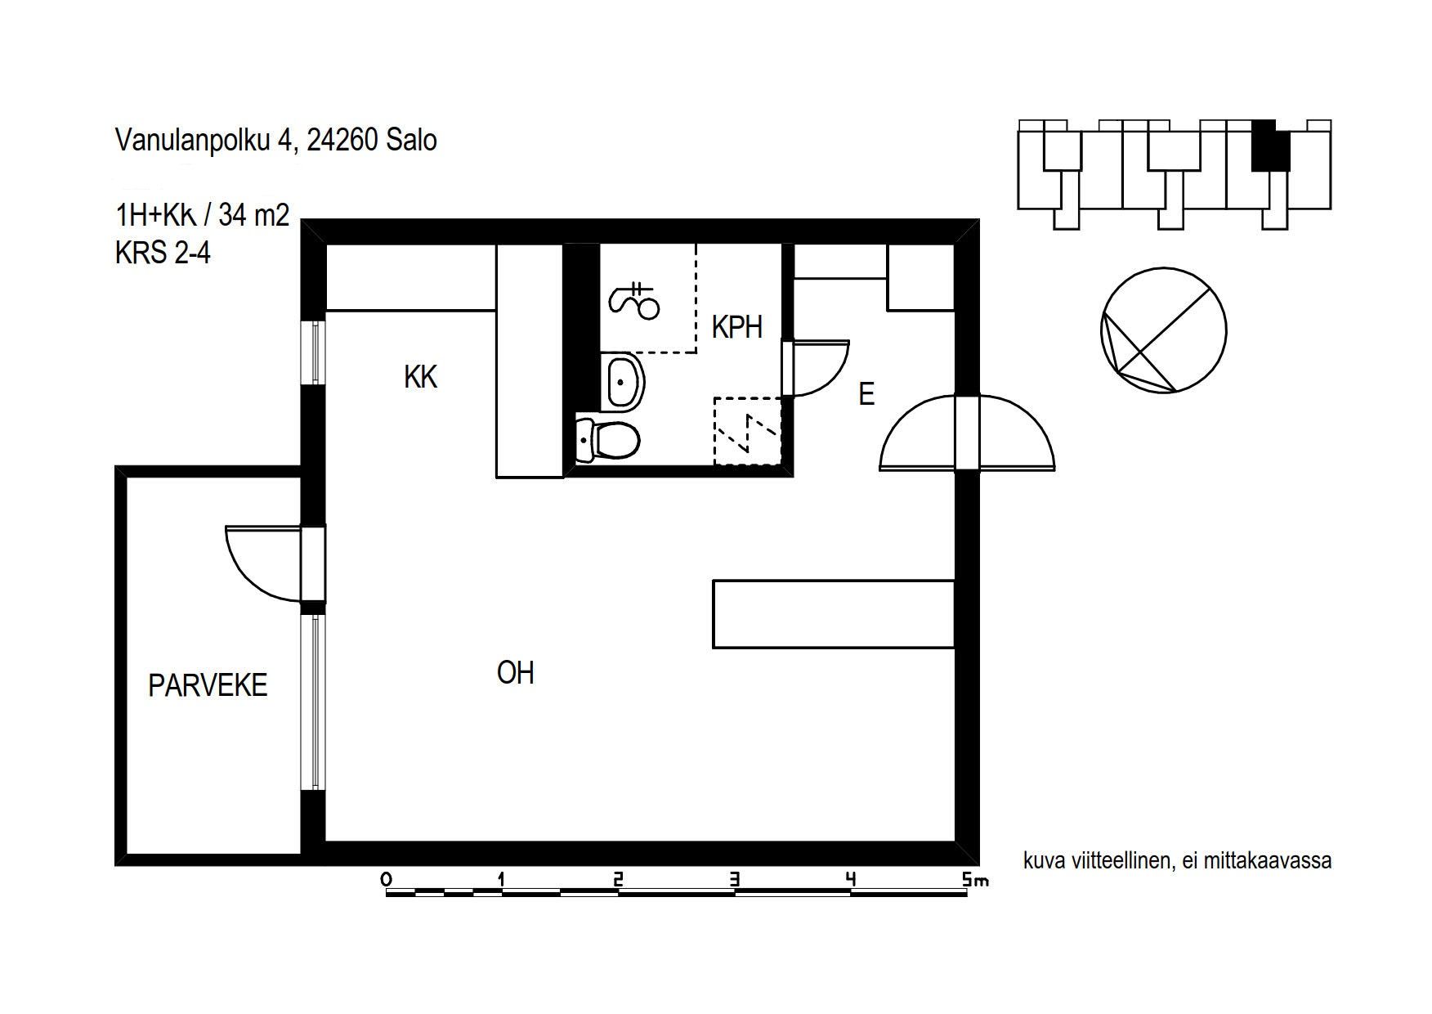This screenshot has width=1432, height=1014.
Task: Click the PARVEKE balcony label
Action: click(x=208, y=685)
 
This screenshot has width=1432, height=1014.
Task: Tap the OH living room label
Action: click(x=516, y=673)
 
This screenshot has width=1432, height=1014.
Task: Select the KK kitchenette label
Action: click(x=421, y=377)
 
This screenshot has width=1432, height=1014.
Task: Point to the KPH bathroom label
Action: click(x=737, y=327)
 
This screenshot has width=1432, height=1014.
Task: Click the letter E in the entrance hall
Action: click(x=866, y=394)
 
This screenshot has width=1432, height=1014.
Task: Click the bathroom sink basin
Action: click(x=624, y=381)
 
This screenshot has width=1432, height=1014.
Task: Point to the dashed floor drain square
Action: click(x=747, y=431)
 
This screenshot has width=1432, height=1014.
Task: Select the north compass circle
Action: click(x=1164, y=330)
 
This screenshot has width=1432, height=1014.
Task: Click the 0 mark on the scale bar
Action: click(x=386, y=880)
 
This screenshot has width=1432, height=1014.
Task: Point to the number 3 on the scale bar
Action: click(x=735, y=880)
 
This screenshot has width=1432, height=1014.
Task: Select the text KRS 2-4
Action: click(x=163, y=253)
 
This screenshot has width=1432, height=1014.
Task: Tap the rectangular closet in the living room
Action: click(x=834, y=614)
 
